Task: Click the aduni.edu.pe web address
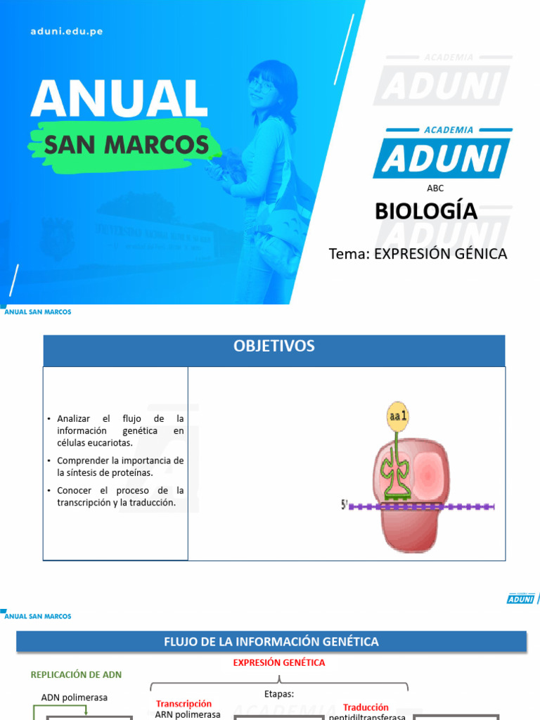(67, 32)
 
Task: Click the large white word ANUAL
(119, 99)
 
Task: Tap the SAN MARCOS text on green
(127, 145)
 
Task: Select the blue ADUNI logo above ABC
(442, 156)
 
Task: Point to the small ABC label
(435, 188)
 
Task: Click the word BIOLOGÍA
(425, 211)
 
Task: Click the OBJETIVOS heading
(274, 346)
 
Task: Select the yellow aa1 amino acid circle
(398, 416)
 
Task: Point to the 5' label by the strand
(345, 505)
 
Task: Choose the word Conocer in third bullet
(74, 490)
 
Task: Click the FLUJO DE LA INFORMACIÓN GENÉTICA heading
(271, 641)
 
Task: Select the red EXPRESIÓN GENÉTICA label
(279, 662)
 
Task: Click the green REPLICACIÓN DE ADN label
(76, 674)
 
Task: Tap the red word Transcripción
(184, 703)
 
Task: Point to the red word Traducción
(366, 707)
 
